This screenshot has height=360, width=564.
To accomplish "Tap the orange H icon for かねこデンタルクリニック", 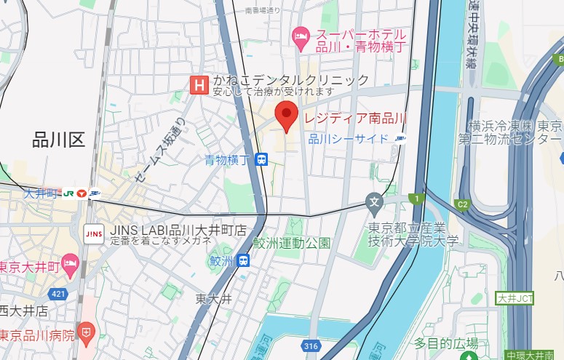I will click(x=197, y=85).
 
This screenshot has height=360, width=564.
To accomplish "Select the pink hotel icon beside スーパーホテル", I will click(x=299, y=35).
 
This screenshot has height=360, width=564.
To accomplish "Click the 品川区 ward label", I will click(x=59, y=140).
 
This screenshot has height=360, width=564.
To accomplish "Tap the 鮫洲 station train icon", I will click(x=243, y=260).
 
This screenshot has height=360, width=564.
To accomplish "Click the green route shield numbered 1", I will click(x=416, y=198).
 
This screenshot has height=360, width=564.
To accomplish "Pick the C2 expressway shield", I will click(x=462, y=204).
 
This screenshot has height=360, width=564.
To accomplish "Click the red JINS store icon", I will click(x=94, y=233).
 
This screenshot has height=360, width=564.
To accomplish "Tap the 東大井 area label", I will click(x=213, y=298).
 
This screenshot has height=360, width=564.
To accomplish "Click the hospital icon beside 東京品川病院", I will click(x=86, y=335).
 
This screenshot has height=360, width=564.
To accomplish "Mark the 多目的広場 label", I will click(x=446, y=343).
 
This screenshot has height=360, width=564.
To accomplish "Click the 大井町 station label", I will click(x=41, y=193).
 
